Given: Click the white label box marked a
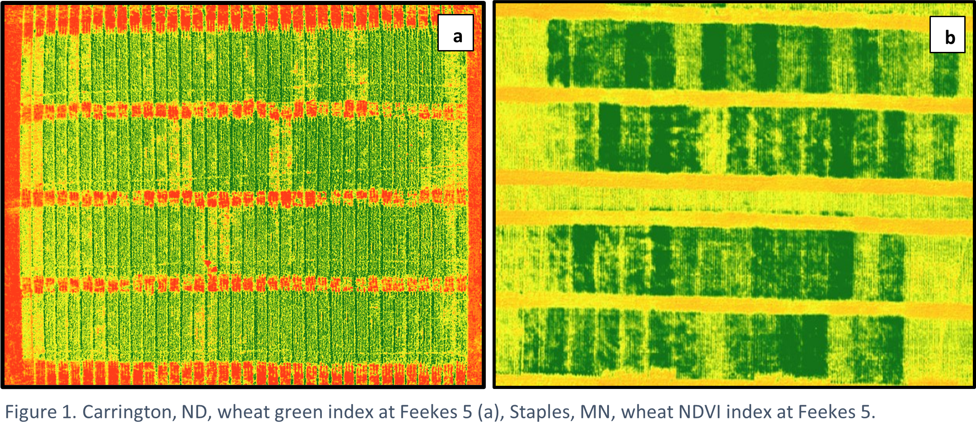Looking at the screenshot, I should point(455,33).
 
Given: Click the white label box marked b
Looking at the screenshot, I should point(947,35).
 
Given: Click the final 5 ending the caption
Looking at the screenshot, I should point(866,412).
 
